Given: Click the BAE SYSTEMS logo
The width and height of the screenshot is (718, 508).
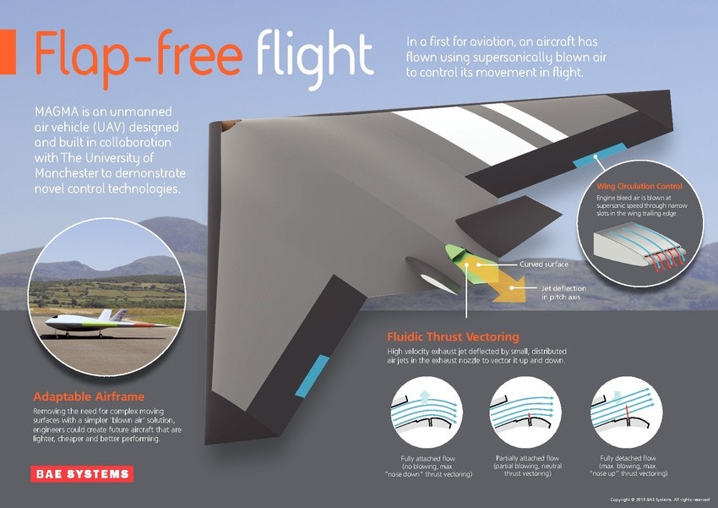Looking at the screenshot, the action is click(82, 473).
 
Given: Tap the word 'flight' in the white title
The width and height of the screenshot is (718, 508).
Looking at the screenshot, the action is click(315, 58).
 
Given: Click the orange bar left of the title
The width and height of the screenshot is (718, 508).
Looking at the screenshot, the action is click(8, 52).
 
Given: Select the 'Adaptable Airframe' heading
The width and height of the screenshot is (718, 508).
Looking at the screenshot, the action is click(89, 396).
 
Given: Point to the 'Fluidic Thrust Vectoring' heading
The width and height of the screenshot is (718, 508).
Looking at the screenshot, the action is click(453, 337).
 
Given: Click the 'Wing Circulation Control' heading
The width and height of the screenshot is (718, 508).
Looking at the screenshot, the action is click(639, 186).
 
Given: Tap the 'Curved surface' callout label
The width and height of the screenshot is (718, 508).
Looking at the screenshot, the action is click(544, 265).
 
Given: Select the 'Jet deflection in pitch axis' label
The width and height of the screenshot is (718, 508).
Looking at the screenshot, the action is click(563, 292).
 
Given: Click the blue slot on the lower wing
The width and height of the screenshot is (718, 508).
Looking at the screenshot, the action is click(313, 375).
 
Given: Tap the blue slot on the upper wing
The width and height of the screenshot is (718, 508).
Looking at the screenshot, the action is click(600, 155).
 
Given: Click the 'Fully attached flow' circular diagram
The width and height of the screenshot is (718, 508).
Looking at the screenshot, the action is click(427, 412).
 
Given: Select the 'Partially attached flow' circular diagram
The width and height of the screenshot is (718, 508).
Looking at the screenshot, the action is click(525, 412).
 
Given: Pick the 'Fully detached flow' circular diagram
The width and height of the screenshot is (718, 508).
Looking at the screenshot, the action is click(627, 412).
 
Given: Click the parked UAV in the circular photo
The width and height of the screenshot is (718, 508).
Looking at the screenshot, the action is click(106, 323).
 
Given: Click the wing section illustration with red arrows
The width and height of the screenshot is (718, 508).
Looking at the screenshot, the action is click(640, 248).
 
